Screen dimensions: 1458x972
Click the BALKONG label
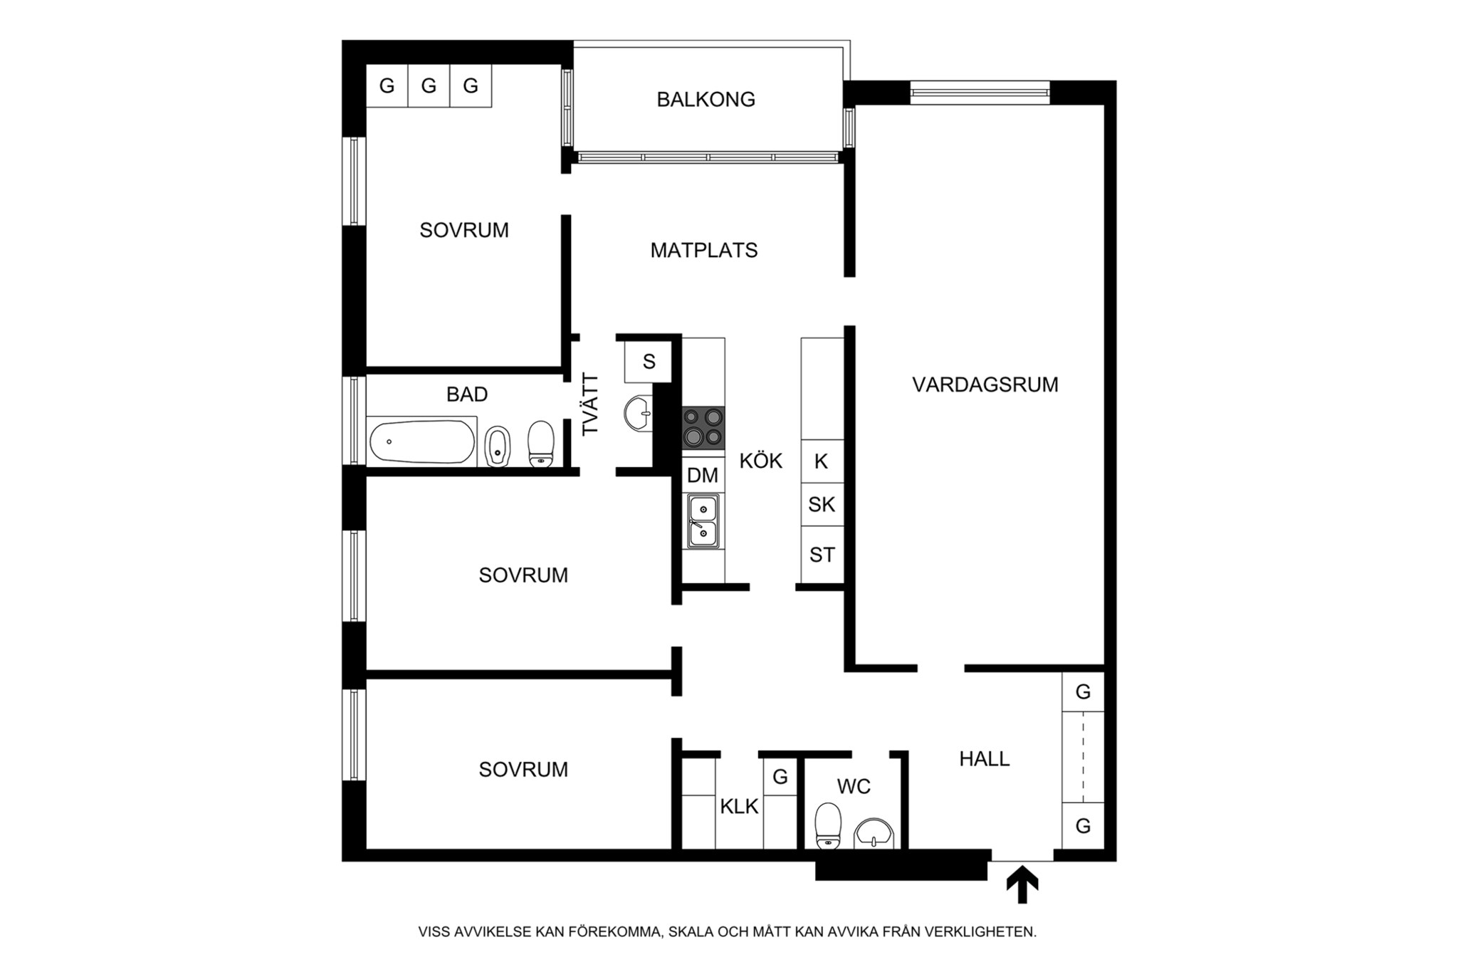click(706, 99)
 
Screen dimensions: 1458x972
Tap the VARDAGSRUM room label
click(985, 385)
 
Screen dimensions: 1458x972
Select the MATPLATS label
click(704, 250)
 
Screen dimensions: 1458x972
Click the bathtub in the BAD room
click(421, 441)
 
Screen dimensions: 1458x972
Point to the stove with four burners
click(703, 427)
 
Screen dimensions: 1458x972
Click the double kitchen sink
click(703, 521)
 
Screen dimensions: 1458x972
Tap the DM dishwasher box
click(703, 475)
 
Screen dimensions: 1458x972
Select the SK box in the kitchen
click(822, 505)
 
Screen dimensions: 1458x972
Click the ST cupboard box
click(822, 555)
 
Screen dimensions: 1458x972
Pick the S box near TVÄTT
click(649, 362)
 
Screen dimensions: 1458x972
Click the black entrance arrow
click(1022, 884)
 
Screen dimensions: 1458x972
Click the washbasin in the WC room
click(874, 833)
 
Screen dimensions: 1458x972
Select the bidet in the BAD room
click(498, 446)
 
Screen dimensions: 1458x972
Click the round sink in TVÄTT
click(638, 413)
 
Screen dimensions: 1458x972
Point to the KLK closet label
click(739, 807)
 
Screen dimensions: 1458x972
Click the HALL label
click(985, 759)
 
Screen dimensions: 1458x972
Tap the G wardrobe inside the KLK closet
click(780, 777)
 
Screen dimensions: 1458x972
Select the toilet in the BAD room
click(541, 444)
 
